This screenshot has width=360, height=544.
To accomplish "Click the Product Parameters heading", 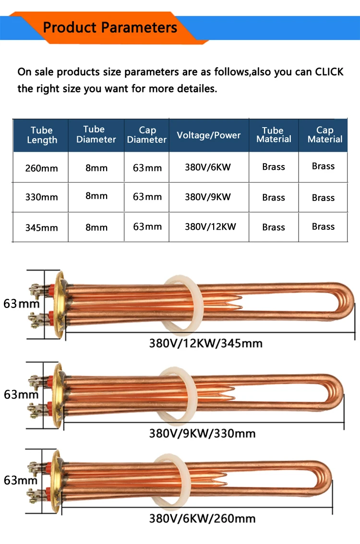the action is (110, 27).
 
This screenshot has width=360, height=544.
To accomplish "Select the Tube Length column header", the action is (42, 135).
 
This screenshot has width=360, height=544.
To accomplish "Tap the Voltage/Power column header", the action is (209, 135).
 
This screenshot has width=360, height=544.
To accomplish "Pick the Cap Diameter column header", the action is (147, 135).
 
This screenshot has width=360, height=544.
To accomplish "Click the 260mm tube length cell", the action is (41, 168).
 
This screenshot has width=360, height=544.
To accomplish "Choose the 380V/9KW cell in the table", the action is (207, 197).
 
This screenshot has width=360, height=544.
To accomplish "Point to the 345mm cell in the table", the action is (41, 227).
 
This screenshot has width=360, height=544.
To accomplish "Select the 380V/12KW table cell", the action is (210, 226).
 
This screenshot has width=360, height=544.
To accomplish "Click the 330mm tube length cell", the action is (41, 197).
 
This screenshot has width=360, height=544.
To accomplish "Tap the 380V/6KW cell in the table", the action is (207, 167).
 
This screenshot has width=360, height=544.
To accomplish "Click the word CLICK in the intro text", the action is (329, 71).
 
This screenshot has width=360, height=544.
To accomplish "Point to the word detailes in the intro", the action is (197, 88).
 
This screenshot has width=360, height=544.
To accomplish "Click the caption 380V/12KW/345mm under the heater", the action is (206, 343).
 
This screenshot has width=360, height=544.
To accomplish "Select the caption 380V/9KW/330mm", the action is (203, 433).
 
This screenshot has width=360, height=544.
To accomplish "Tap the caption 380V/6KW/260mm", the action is (203, 518).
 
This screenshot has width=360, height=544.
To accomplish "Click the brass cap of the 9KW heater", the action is (57, 395).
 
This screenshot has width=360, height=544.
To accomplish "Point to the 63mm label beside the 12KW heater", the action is (21, 304).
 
